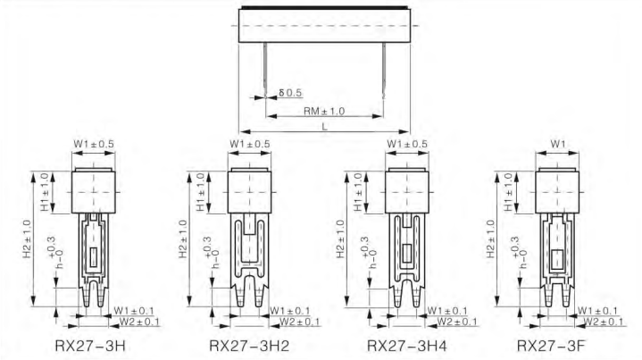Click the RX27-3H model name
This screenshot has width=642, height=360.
tap(90, 346)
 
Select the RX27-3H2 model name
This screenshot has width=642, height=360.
tap(249, 346)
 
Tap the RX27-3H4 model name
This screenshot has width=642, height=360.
tap(407, 346)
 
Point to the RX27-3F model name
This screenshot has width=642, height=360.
tap(551, 346)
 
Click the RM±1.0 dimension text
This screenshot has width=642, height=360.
tap(324, 111)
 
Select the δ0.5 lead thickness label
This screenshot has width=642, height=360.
tap(290, 93)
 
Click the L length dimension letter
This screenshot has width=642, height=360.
tap(325, 127)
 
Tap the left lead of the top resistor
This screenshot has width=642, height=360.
tap(265, 70)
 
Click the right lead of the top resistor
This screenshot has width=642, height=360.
tap(384, 70)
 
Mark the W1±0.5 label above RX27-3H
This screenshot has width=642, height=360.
tap(94, 144)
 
